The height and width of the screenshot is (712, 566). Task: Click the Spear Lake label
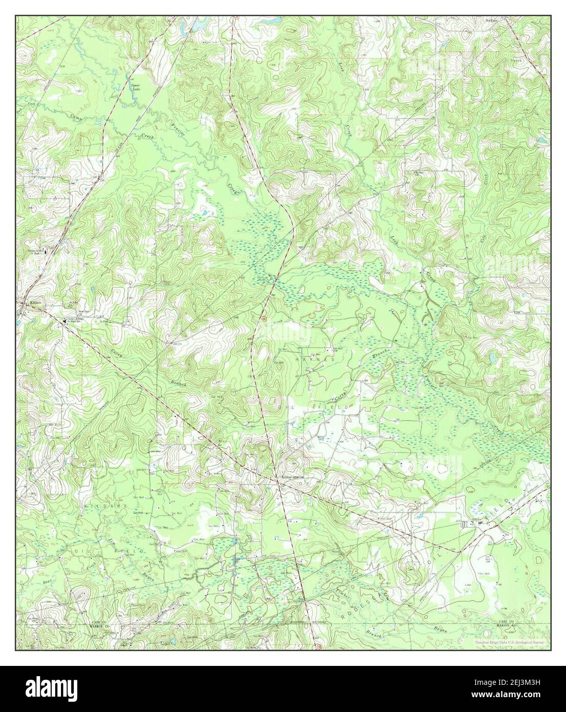click(x=136, y=87)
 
